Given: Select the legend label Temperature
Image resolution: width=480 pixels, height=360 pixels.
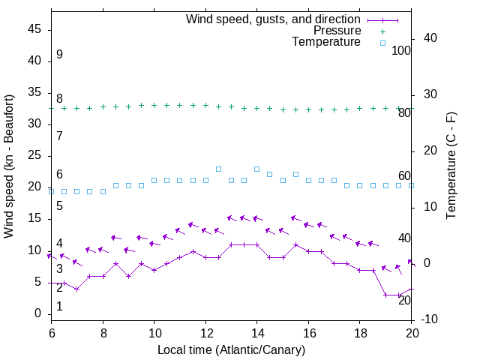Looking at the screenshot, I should click(326, 42).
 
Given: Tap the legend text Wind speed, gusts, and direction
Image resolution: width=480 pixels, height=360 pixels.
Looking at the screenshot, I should click(274, 19).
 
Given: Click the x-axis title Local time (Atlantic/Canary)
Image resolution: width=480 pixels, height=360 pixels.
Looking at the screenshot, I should click(231, 349).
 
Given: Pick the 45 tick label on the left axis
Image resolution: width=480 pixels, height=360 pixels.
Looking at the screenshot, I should click(34, 30).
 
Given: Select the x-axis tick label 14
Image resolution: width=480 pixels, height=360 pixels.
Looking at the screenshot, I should click(256, 332).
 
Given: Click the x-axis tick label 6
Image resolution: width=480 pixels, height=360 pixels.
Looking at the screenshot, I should click(51, 332).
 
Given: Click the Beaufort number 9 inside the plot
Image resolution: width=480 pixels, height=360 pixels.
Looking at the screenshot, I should click(59, 55).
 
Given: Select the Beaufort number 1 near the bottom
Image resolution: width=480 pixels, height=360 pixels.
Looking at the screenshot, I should click(59, 307).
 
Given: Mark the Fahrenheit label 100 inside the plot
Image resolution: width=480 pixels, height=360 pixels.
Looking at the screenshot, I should click(401, 51).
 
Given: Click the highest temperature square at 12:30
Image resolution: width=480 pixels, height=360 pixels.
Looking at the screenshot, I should click(218, 169).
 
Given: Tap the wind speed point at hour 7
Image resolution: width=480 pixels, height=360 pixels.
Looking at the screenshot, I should click(76, 289).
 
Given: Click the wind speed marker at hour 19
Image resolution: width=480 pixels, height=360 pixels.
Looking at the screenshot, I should click(385, 295).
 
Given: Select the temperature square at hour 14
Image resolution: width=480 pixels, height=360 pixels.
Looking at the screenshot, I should click(256, 169).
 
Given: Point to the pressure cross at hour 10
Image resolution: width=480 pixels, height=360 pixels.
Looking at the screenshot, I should click(154, 106).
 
